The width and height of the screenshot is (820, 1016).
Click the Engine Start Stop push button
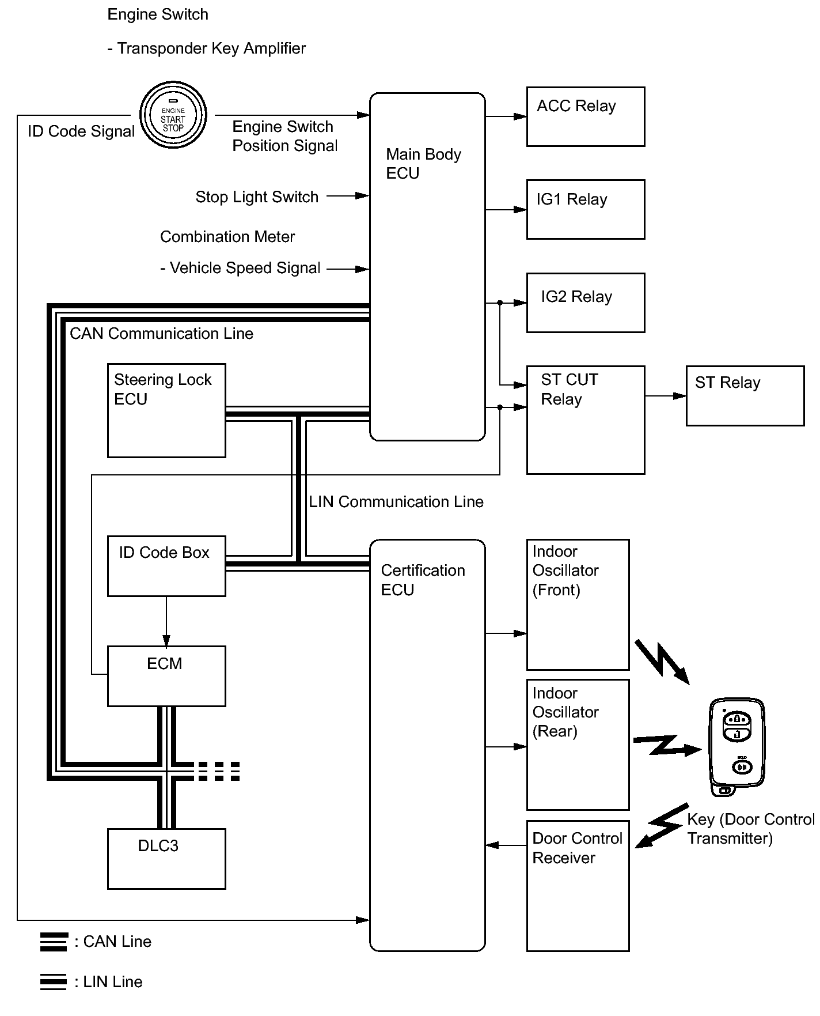173,116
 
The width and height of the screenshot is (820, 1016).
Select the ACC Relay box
585,117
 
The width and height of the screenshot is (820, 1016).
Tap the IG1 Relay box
585,210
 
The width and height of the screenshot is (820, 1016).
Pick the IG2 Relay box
585,303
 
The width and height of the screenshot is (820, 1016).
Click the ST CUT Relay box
585,420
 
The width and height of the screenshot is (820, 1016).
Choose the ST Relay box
745,396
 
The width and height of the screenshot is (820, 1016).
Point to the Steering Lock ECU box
166,410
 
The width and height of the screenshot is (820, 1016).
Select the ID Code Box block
166,566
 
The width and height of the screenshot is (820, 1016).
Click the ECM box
166,676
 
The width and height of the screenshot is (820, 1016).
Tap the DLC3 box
166,859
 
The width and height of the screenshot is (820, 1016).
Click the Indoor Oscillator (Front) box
578,605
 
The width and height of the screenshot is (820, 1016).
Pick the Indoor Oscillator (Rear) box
578,745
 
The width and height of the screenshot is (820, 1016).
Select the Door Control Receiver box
578,886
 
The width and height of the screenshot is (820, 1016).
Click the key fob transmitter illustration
737,746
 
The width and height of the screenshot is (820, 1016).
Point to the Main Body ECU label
423,164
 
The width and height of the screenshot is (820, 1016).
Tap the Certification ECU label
423,580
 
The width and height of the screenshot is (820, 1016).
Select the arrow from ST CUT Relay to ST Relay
666,396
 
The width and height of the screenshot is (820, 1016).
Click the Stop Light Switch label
257,197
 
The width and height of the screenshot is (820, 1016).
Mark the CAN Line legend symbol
54,942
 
